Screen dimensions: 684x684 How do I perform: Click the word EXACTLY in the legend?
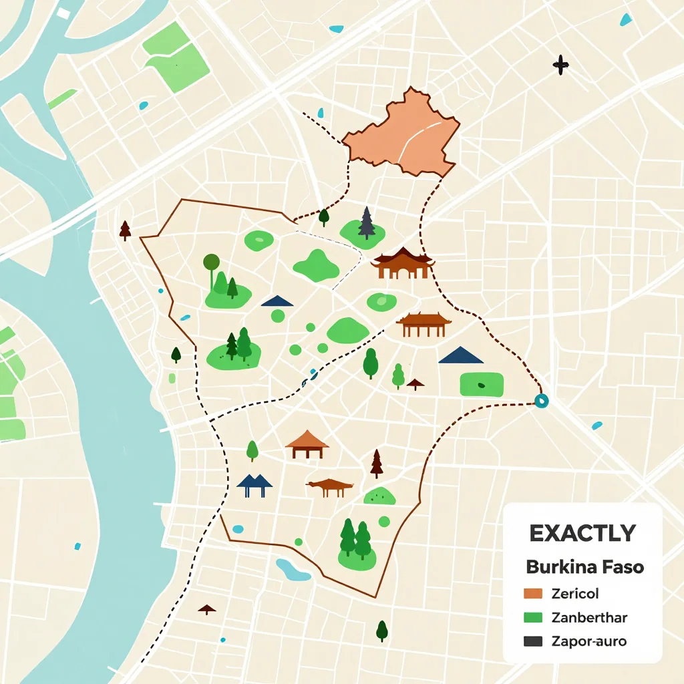point(582,533)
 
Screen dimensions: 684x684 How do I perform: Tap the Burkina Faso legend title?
point(584,567)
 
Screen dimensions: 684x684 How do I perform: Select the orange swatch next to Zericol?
point(532,593)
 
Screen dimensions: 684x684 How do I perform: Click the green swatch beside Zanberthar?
point(532,617)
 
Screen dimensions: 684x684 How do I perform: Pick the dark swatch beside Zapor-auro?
point(532,641)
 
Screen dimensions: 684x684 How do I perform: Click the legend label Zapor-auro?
point(589,641)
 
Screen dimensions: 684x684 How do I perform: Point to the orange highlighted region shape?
point(404,134)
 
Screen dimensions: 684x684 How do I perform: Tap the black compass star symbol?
point(560,65)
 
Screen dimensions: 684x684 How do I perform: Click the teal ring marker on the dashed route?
point(541,401)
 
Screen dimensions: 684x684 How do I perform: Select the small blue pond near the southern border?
point(293,570)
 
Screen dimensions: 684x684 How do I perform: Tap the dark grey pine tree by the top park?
point(366,222)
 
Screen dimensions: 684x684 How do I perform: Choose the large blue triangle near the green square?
point(460,355)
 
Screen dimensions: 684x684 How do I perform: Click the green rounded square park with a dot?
point(481,385)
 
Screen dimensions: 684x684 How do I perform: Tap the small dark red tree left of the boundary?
point(125,230)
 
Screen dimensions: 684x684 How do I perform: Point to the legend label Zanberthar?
point(590,617)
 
